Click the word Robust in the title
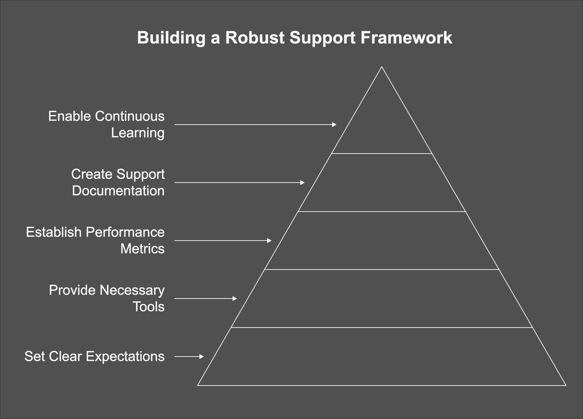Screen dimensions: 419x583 pyautogui.click(x=254, y=38)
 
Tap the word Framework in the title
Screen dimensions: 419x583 pyautogui.click(x=406, y=38)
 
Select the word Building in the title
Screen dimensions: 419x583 pyautogui.click(x=171, y=38)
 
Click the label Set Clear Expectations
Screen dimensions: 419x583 pyautogui.click(x=94, y=356)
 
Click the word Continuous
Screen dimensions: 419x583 pyautogui.click(x=130, y=116)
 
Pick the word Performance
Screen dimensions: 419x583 pyautogui.click(x=125, y=232)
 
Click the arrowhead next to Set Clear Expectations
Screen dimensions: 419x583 pyautogui.click(x=202, y=356)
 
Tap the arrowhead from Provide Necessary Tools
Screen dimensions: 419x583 pyautogui.click(x=235, y=298)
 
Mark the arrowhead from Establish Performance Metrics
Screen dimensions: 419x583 pyautogui.click(x=269, y=241)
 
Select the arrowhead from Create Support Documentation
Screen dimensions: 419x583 pyautogui.click(x=302, y=183)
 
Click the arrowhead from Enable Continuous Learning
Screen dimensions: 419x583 pyautogui.click(x=334, y=125)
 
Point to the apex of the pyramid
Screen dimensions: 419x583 pyautogui.click(x=382, y=67)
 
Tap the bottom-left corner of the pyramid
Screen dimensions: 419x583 pyautogui.click(x=198, y=385)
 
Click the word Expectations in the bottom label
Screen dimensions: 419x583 pyautogui.click(x=125, y=356)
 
